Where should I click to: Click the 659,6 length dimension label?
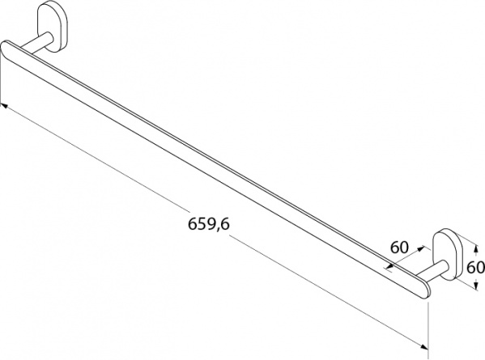[x=209, y=224]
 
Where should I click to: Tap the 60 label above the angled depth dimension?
[x=399, y=248]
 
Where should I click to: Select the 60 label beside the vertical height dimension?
[x=476, y=267]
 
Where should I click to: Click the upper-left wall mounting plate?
[x=53, y=27]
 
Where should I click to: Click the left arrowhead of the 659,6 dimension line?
[x=4, y=106]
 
